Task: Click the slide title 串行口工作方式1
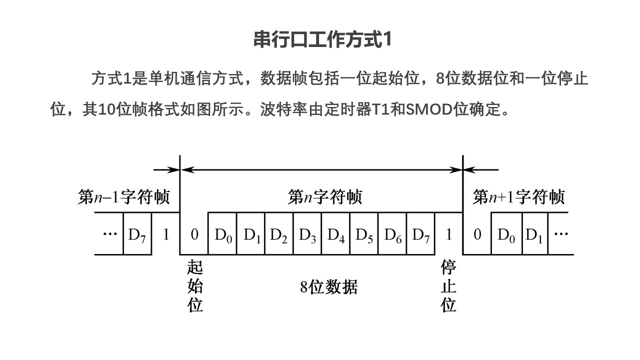point(321,40)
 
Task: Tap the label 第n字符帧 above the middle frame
point(324,197)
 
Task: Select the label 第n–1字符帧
point(124,197)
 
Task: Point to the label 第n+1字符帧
point(518,197)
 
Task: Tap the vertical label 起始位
point(195,286)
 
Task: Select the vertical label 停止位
point(448,286)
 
